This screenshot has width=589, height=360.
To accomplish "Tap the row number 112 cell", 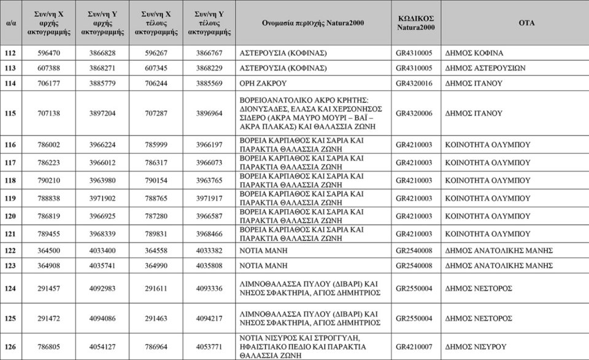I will pyautogui.click(x=10, y=53).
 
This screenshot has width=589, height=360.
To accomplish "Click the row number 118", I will pyautogui.click(x=10, y=180).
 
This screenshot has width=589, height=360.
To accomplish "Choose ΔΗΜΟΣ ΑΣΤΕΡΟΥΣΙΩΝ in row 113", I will pyautogui.click(x=485, y=68).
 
